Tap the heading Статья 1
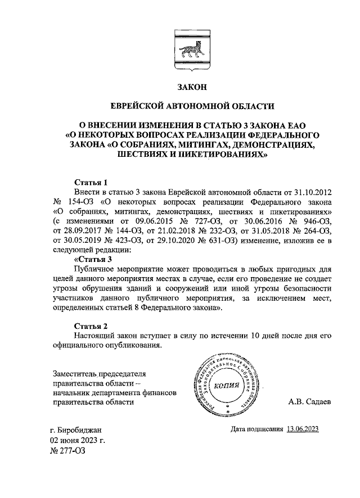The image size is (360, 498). (91, 183)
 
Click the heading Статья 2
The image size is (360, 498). (91, 326)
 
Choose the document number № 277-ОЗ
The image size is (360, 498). (70, 450)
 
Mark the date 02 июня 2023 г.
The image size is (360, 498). (78, 440)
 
